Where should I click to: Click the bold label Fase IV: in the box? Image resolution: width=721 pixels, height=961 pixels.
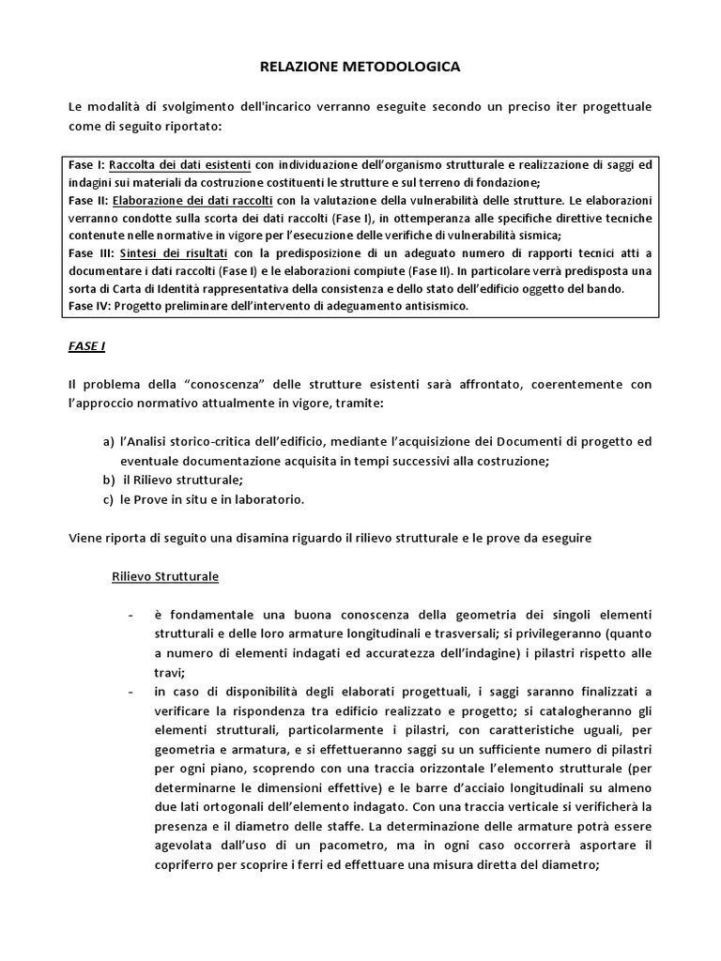[91, 306]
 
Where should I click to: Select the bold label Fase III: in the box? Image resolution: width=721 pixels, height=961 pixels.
[91, 253]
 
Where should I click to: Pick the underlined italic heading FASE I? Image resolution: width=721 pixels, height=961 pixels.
[86, 346]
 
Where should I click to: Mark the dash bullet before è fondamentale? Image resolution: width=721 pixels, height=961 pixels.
[129, 615]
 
